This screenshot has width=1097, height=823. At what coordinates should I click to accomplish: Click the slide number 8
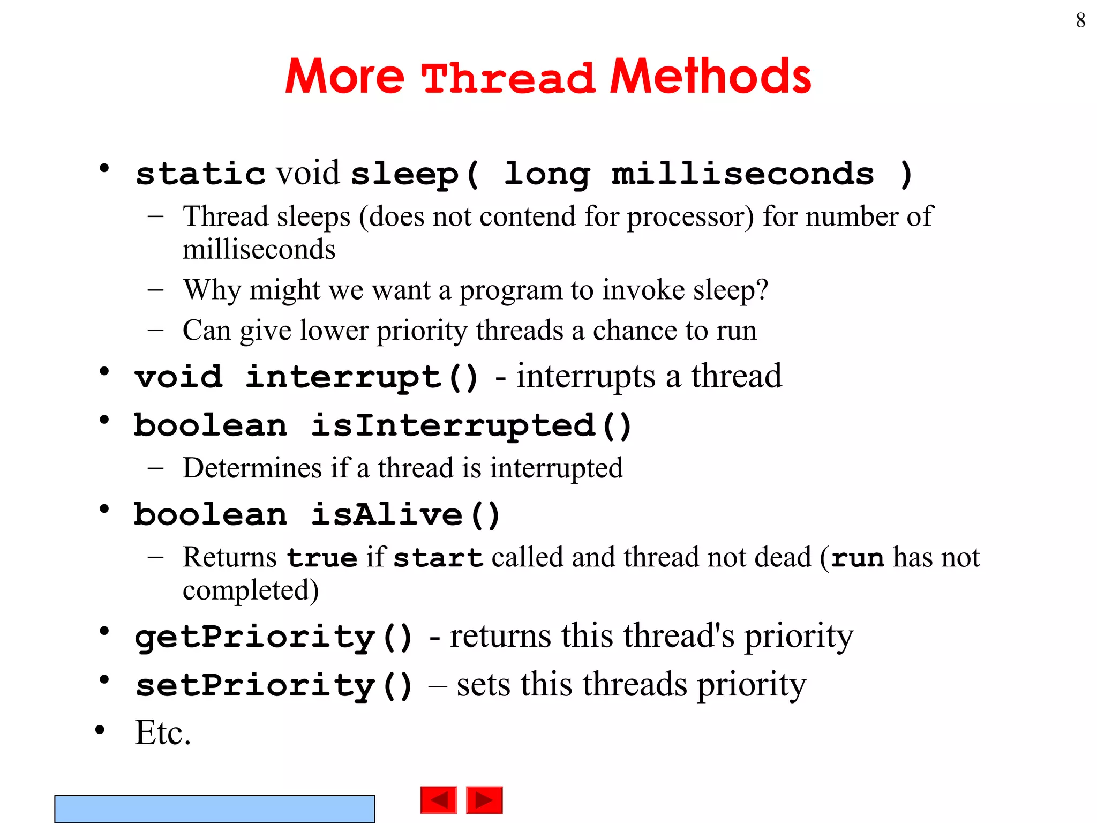1080,21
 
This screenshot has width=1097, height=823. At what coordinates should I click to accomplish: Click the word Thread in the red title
508,78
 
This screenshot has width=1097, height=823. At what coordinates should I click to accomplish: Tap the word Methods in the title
711,77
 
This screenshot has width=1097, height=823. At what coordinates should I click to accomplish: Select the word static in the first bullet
200,174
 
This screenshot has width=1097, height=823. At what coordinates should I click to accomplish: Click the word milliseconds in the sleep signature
742,174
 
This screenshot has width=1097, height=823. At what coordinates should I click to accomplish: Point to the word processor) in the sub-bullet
690,217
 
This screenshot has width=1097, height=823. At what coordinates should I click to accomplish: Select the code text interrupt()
362,377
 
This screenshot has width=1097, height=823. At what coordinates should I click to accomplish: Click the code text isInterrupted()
471,426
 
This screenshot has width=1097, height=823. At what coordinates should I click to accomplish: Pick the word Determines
252,468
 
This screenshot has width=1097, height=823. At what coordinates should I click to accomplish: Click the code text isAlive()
405,515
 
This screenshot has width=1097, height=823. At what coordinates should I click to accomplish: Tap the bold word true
322,558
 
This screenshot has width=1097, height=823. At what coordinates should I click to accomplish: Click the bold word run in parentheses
857,558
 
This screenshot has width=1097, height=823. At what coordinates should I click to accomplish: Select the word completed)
251,590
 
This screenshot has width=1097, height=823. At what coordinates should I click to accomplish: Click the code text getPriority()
274,637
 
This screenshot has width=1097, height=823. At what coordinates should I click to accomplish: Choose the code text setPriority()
274,685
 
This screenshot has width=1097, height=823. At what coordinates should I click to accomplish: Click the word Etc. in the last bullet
163,732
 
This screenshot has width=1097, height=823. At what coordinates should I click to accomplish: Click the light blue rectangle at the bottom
214,809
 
